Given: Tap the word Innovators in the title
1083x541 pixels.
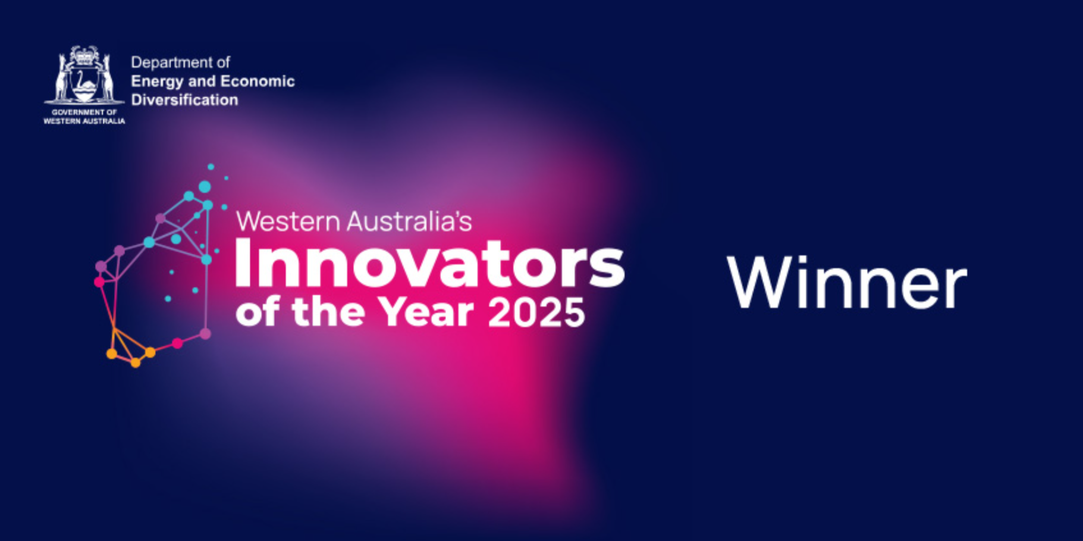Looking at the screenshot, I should [x=429, y=264].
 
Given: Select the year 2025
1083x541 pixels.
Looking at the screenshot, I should [x=536, y=312].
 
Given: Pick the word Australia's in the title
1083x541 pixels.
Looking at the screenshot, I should [x=409, y=221].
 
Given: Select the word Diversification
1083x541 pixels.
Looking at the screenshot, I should [x=184, y=100].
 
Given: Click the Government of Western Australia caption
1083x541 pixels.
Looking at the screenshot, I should [x=84, y=117].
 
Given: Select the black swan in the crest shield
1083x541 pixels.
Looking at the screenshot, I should [x=84, y=81].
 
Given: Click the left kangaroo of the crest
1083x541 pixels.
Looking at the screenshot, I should [x=62, y=77].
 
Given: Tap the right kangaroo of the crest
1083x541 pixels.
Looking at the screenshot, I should [x=106, y=77].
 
